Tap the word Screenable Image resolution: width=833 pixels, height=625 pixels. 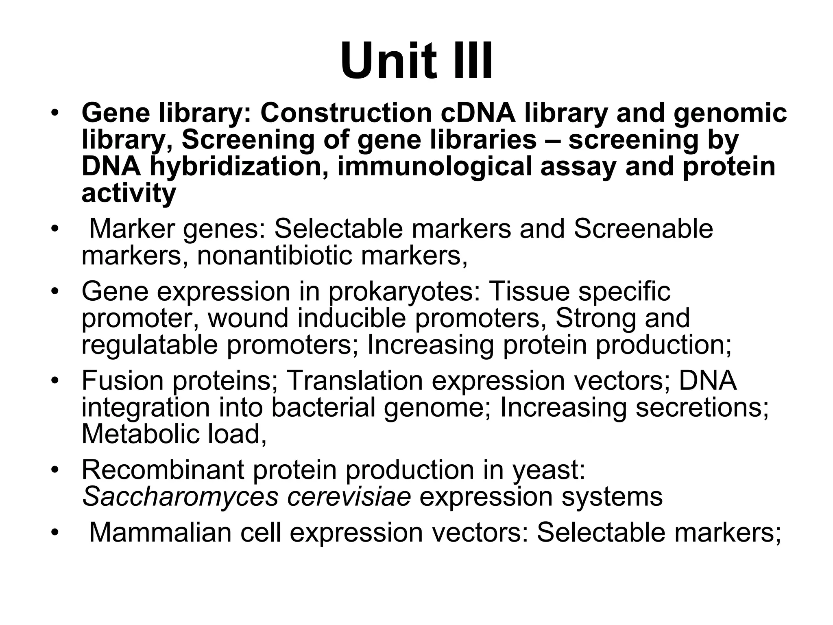(643, 229)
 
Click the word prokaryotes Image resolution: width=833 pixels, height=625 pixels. (404, 291)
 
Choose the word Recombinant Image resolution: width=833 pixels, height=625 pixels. (163, 470)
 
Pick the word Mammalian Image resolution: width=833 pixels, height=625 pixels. (160, 532)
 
